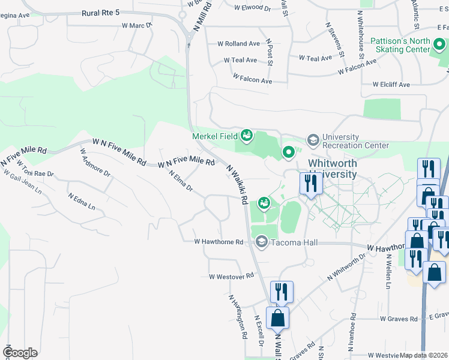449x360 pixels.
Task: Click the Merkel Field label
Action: tap(215, 136)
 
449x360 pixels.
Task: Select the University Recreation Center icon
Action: tap(313, 140)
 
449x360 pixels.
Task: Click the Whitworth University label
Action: tap(333, 169)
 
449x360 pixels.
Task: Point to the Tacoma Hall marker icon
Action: tap(261, 242)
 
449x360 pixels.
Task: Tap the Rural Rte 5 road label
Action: tap(99, 13)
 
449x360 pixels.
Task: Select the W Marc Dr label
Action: tap(137, 26)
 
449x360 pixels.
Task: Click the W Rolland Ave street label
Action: tap(238, 44)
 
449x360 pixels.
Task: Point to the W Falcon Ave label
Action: tap(253, 79)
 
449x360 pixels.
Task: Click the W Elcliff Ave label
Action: tap(391, 85)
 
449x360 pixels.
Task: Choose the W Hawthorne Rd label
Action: tap(218, 242)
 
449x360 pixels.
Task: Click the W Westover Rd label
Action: tap(231, 277)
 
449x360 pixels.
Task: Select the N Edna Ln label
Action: tap(82, 201)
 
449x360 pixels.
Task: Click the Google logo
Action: tap(20, 352)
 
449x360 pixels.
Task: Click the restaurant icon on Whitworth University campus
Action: tap(310, 183)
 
